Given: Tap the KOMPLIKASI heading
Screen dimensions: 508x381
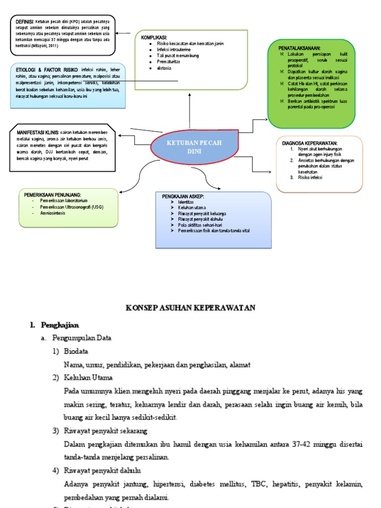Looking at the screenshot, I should [x=154, y=38].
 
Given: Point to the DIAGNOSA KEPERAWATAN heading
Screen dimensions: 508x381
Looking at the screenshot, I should [x=310, y=143].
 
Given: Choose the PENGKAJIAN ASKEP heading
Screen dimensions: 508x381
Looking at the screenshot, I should [x=183, y=197].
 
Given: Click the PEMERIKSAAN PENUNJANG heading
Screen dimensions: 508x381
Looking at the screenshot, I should [x=53, y=194].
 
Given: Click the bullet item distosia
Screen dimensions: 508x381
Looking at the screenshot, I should [x=164, y=68].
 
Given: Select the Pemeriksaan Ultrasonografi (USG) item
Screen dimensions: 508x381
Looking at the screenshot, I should [x=75, y=206].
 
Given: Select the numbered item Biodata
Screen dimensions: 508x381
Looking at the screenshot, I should [x=77, y=351].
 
